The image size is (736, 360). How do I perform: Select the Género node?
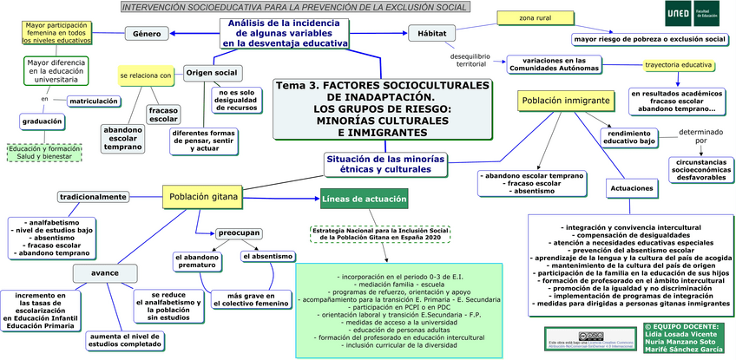[150, 34]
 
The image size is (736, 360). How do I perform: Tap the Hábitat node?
[432, 34]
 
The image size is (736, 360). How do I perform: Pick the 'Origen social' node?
[213, 73]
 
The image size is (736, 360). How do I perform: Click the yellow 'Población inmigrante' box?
[564, 101]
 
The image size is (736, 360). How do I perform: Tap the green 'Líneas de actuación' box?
[364, 200]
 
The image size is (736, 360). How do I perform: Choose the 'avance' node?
[105, 272]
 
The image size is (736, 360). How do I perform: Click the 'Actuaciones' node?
[631, 187]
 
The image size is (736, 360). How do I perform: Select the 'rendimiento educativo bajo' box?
[629, 136]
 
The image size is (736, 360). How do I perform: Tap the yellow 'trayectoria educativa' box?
[679, 66]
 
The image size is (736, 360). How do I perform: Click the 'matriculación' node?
[94, 101]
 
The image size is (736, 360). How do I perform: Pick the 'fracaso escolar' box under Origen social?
[163, 115]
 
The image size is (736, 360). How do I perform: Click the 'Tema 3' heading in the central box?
[382, 86]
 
